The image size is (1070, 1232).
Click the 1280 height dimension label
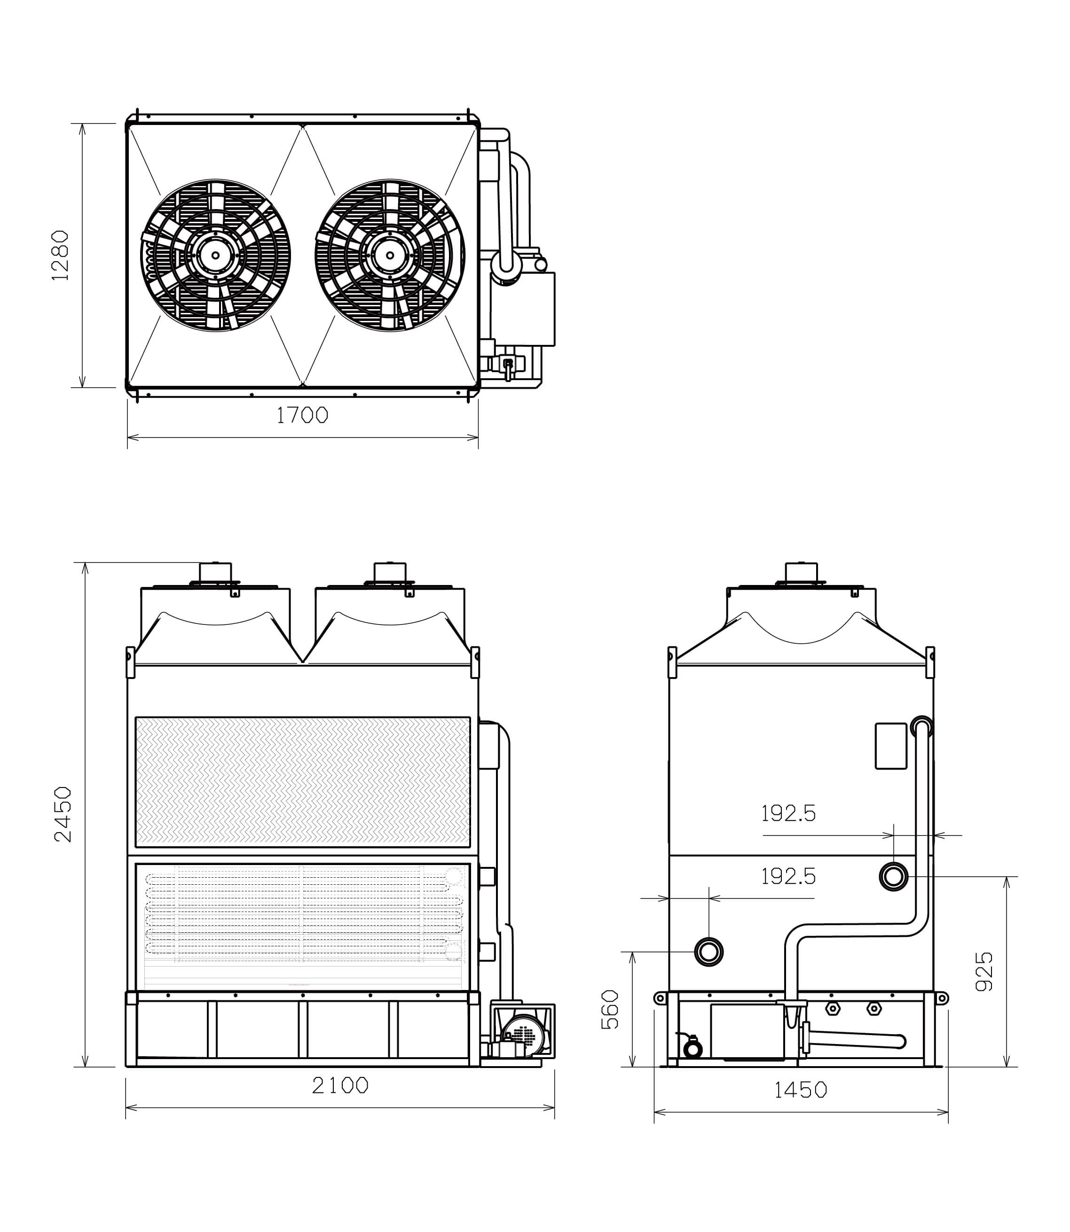pos(60,256)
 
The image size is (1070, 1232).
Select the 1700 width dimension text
pos(302,415)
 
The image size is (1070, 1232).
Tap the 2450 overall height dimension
pos(63,814)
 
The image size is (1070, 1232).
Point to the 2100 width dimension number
pos(340,1085)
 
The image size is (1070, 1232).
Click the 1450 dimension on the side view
pos(801,1090)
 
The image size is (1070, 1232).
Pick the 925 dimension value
pos(983,971)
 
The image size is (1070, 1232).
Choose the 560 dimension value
pos(610,1009)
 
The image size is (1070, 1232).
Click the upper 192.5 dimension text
pos(788,813)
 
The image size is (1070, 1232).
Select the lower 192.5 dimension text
pos(788,876)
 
